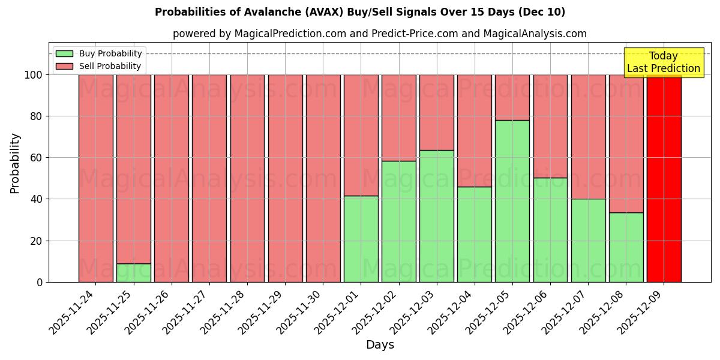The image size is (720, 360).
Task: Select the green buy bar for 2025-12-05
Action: coord(512,201)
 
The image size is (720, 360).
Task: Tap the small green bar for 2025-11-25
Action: coord(133,273)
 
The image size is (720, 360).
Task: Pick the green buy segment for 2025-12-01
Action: coord(361,239)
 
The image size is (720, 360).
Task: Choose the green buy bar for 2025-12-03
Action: coord(436,216)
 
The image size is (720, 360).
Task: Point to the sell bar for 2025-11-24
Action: coord(95,178)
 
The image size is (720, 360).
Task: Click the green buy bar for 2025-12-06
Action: coord(550,230)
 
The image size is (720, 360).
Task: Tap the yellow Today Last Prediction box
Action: coord(664,62)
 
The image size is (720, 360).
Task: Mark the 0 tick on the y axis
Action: coord(40,283)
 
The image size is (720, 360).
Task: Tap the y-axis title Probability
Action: coord(15,163)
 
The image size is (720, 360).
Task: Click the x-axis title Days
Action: coord(380,345)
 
